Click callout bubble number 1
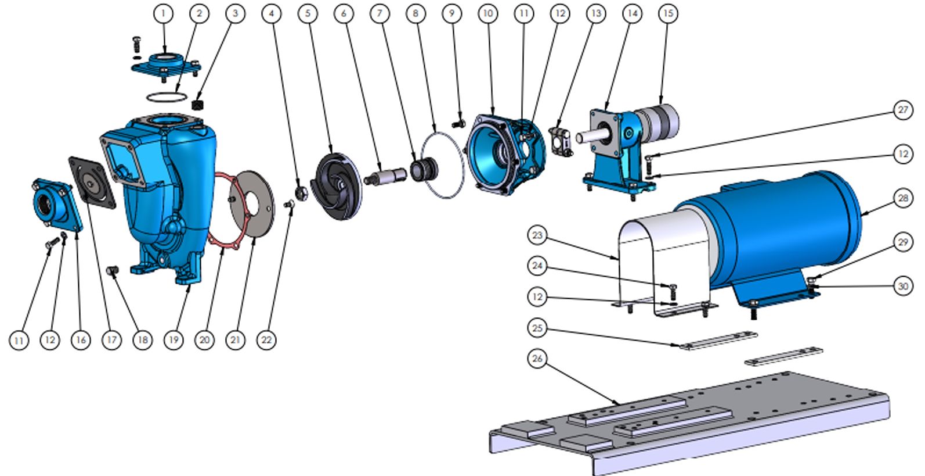163,13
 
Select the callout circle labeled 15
668,13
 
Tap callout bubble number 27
903,110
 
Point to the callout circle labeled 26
537,359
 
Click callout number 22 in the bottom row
266,340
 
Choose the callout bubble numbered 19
174,340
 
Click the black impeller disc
336,186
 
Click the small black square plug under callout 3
198,104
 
